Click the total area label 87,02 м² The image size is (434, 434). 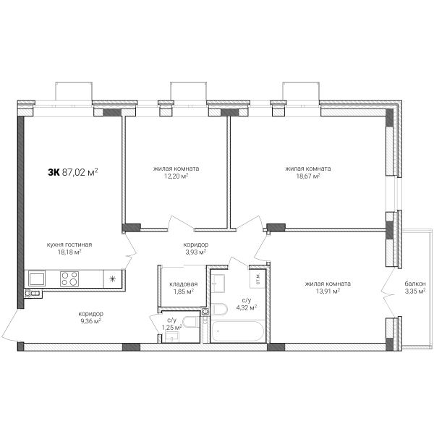tap(80, 172)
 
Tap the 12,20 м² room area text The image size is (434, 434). tap(176, 176)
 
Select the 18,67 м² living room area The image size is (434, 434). tap(308, 176)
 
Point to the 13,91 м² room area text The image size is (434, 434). tap(328, 291)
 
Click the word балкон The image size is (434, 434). tap(415, 284)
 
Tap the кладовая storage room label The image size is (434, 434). tap(184, 284)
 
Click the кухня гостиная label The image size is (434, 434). tap(69, 244)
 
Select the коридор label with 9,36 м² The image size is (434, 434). tap(91, 314)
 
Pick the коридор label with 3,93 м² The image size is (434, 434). tap(196, 244)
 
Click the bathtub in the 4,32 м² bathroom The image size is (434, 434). tap(237, 331)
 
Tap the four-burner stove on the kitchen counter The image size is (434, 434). tap(69, 278)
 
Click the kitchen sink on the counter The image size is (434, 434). tap(37, 278)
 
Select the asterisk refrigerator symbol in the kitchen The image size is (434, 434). tap(112, 278)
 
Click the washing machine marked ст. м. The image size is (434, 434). tap(258, 278)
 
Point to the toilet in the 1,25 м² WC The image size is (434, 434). tap(192, 322)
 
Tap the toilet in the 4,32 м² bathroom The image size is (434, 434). tap(219, 309)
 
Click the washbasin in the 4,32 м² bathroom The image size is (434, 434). tap(218, 283)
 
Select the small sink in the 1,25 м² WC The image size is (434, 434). tap(172, 337)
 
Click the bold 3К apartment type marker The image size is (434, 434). tap(54, 172)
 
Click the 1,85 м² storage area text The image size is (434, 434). tap(184, 292)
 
